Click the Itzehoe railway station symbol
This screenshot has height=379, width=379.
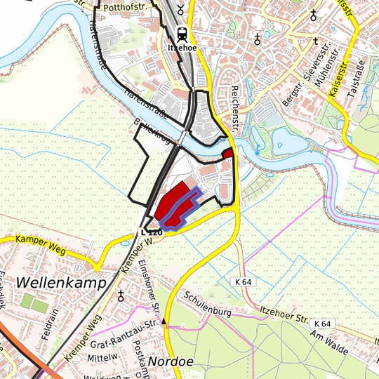click(x=182, y=32)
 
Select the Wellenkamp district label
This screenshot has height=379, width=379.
click(x=60, y=282)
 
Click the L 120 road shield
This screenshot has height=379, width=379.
click(x=152, y=232)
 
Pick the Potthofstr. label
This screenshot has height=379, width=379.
click(x=127, y=7)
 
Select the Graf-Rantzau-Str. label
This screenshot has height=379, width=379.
click(x=122, y=333)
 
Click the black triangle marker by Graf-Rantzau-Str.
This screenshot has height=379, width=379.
click(x=165, y=321)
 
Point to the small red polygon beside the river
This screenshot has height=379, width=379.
click(x=227, y=153)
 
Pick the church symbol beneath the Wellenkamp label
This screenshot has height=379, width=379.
click(x=121, y=295)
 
